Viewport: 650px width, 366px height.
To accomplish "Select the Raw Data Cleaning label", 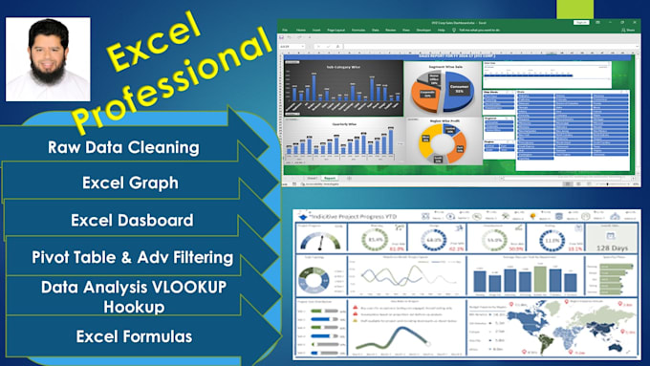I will (x=123, y=147).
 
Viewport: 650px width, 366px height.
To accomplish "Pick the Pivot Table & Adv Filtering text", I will (x=132, y=256).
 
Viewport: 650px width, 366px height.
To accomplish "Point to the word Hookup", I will (x=132, y=307).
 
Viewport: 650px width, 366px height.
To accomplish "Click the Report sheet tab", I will (x=330, y=178).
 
